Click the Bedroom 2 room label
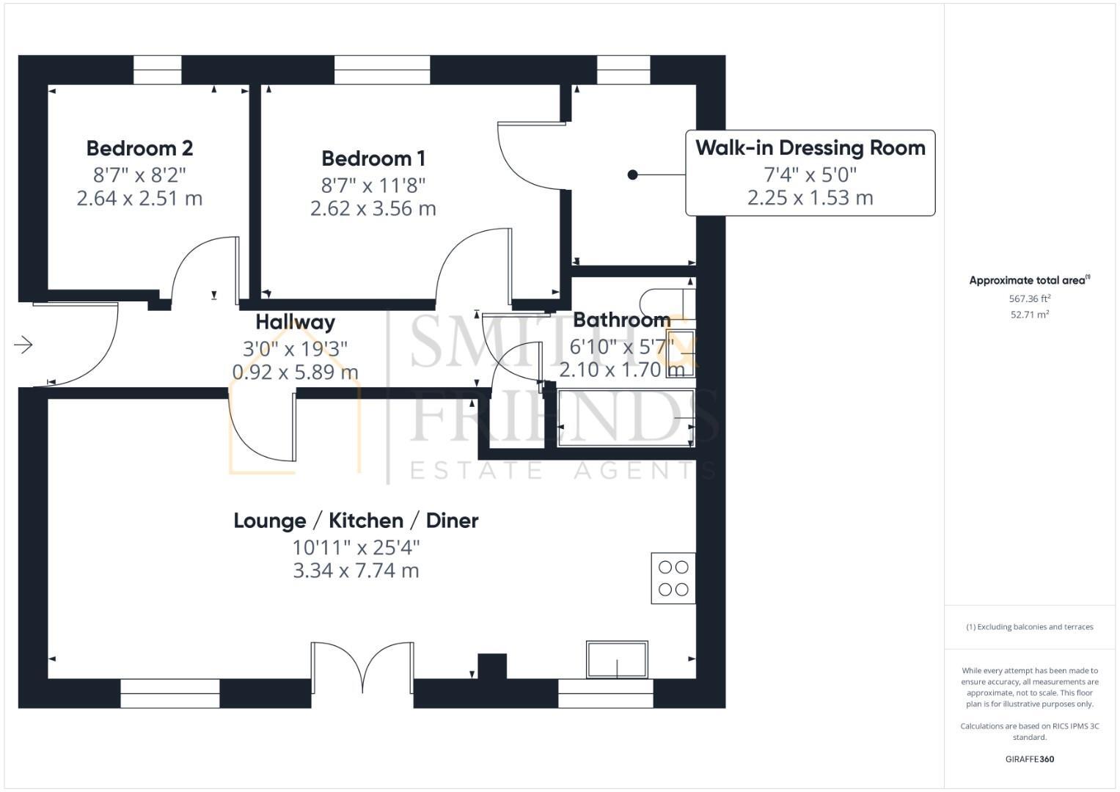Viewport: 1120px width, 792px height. [x=139, y=148]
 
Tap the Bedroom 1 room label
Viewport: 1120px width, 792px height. [x=373, y=158]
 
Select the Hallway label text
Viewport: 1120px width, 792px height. [x=295, y=322]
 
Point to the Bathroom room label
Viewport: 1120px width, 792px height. [x=621, y=320]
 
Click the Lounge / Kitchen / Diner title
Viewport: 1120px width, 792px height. [x=356, y=521]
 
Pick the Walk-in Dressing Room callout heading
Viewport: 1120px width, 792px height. [x=810, y=148]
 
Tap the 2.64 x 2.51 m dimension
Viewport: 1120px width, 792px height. [x=139, y=199]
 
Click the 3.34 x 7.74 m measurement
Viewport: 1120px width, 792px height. [x=356, y=571]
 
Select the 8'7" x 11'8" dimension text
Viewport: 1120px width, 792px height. [x=373, y=184]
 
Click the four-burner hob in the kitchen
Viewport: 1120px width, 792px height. [x=673, y=578]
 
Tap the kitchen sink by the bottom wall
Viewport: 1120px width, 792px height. [x=617, y=659]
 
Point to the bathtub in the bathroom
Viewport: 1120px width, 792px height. [x=625, y=418]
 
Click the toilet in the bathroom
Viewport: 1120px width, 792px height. [x=664, y=301]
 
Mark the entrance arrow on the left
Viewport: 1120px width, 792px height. [x=23, y=344]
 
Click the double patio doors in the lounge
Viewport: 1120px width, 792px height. [x=362, y=667]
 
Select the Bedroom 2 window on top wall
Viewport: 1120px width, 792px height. [x=157, y=70]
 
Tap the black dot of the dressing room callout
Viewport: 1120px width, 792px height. [x=632, y=175]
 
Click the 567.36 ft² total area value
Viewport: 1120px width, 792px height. [x=1030, y=299]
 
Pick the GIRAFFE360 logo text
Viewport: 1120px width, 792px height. [x=1030, y=759]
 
